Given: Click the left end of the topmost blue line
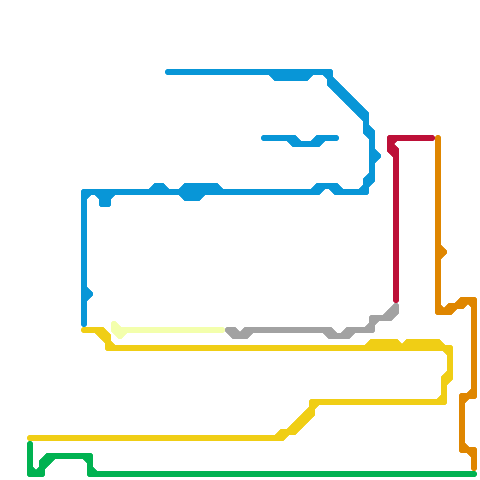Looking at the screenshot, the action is point(168,72).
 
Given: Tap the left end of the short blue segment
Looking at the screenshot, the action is point(264,138).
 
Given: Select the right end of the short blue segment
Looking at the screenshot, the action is point(336,138).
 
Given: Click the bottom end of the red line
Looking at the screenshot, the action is point(396,300).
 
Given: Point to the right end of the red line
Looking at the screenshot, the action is point(432,138).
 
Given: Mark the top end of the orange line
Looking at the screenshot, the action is point(438,138).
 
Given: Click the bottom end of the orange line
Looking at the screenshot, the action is point(474,468).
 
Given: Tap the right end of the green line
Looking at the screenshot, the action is point(474,474).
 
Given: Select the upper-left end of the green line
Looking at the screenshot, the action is point(30,444).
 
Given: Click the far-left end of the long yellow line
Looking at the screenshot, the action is point(30,438).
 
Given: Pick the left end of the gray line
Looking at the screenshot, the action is point(228,330).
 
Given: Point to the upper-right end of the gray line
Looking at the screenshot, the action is point(396,306).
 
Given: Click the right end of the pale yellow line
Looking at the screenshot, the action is point(223,330).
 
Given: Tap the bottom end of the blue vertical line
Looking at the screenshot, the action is point(84,324).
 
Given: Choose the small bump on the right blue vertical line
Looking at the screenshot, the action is point(377,156).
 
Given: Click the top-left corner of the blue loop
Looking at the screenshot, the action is point(84,192).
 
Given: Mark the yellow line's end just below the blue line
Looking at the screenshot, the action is point(84,330).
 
